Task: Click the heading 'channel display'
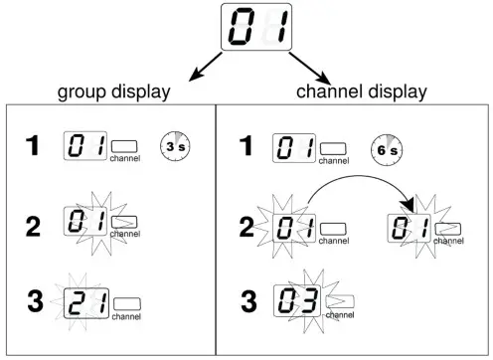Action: [362, 91]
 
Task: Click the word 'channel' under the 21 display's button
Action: [126, 317]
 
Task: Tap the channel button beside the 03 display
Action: [339, 300]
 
